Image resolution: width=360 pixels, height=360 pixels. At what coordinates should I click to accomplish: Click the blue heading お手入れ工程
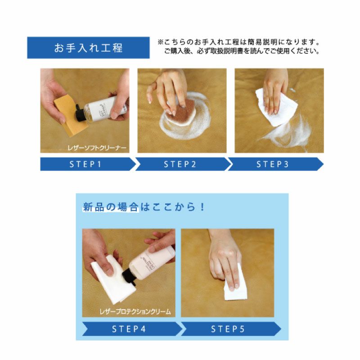[x=88, y=48]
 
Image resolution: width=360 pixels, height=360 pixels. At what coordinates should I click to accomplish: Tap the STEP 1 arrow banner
[x=85, y=164]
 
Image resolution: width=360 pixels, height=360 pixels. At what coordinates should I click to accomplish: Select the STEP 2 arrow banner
[x=180, y=164]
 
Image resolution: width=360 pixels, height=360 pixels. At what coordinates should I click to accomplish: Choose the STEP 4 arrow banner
[x=129, y=329]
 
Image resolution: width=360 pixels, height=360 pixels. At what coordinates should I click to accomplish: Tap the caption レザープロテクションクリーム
[x=135, y=311]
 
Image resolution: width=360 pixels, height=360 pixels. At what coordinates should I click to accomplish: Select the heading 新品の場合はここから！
[x=144, y=207]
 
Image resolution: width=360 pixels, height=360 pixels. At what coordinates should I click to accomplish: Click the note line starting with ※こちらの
[x=238, y=42]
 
